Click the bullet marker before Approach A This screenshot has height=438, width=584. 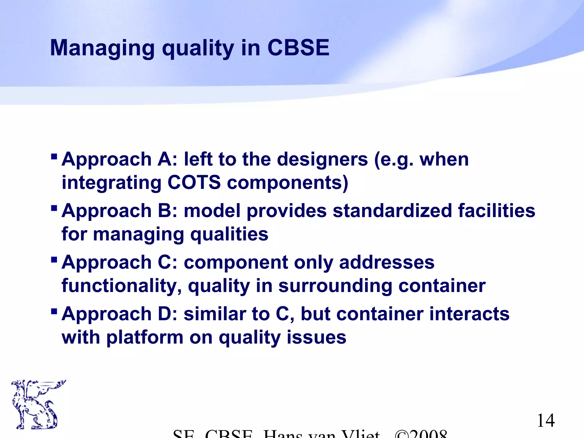(x=54, y=157)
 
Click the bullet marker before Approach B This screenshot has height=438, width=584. (x=54, y=208)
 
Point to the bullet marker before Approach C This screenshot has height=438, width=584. (x=54, y=260)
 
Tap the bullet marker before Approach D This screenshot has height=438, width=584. (x=54, y=311)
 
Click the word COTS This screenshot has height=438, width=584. (x=194, y=182)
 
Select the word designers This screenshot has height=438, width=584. (x=322, y=159)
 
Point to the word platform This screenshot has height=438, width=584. (x=145, y=338)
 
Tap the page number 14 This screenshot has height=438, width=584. (x=546, y=421)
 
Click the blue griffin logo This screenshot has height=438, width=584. (x=36, y=404)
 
